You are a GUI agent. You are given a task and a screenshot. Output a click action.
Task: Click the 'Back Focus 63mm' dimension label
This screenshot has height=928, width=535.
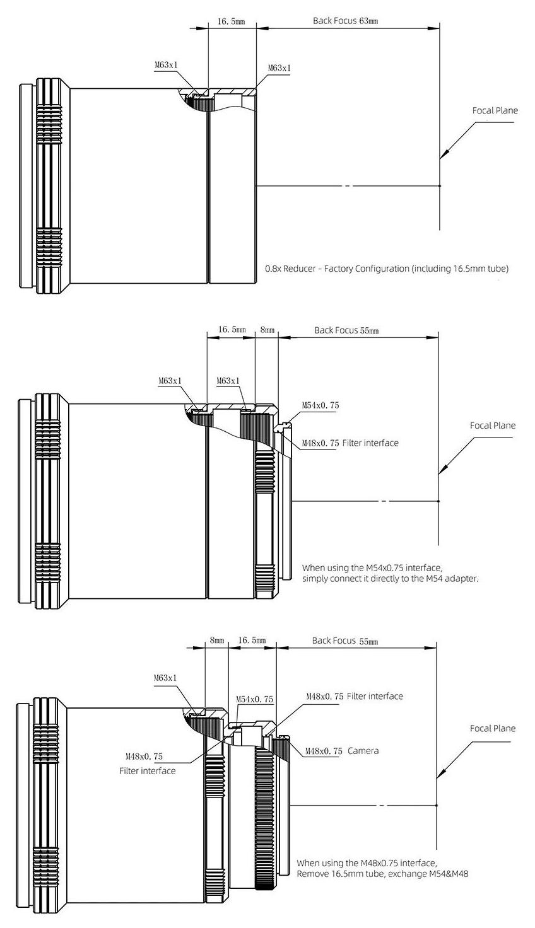tap(345, 21)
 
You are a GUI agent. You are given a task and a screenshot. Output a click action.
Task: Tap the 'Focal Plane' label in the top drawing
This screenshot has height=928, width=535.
tap(495, 111)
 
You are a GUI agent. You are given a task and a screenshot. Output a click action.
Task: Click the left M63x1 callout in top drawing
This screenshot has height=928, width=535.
tap(167, 64)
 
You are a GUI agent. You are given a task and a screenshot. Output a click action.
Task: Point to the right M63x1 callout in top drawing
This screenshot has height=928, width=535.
tap(279, 68)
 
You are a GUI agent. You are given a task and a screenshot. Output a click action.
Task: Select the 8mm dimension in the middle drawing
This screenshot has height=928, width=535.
tap(267, 330)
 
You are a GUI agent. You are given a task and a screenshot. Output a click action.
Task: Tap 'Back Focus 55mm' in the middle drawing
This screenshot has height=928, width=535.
tap(346, 330)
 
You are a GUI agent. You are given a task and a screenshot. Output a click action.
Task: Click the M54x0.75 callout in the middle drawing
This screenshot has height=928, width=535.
tap(320, 405)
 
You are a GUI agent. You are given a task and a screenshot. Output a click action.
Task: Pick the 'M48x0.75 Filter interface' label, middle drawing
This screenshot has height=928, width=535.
tap(350, 443)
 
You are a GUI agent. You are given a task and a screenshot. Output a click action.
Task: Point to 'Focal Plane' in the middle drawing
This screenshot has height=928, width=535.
tap(492, 426)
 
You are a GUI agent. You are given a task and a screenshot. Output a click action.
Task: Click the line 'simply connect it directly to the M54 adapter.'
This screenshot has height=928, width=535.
tap(390, 578)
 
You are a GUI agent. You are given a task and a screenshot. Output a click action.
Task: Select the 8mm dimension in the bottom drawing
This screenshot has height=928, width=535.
tap(216, 641)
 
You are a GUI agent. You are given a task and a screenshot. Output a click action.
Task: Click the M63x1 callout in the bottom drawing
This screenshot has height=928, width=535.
tap(165, 678)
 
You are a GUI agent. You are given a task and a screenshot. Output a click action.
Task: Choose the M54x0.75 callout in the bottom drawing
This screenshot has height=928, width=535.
tap(254, 700)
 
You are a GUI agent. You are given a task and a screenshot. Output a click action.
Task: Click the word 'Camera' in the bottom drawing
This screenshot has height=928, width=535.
tap(363, 751)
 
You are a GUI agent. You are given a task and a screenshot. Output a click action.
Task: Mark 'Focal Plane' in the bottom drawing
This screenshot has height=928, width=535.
tap(492, 729)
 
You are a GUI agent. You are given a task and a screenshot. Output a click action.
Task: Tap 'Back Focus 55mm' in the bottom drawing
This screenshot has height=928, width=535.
tap(345, 641)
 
